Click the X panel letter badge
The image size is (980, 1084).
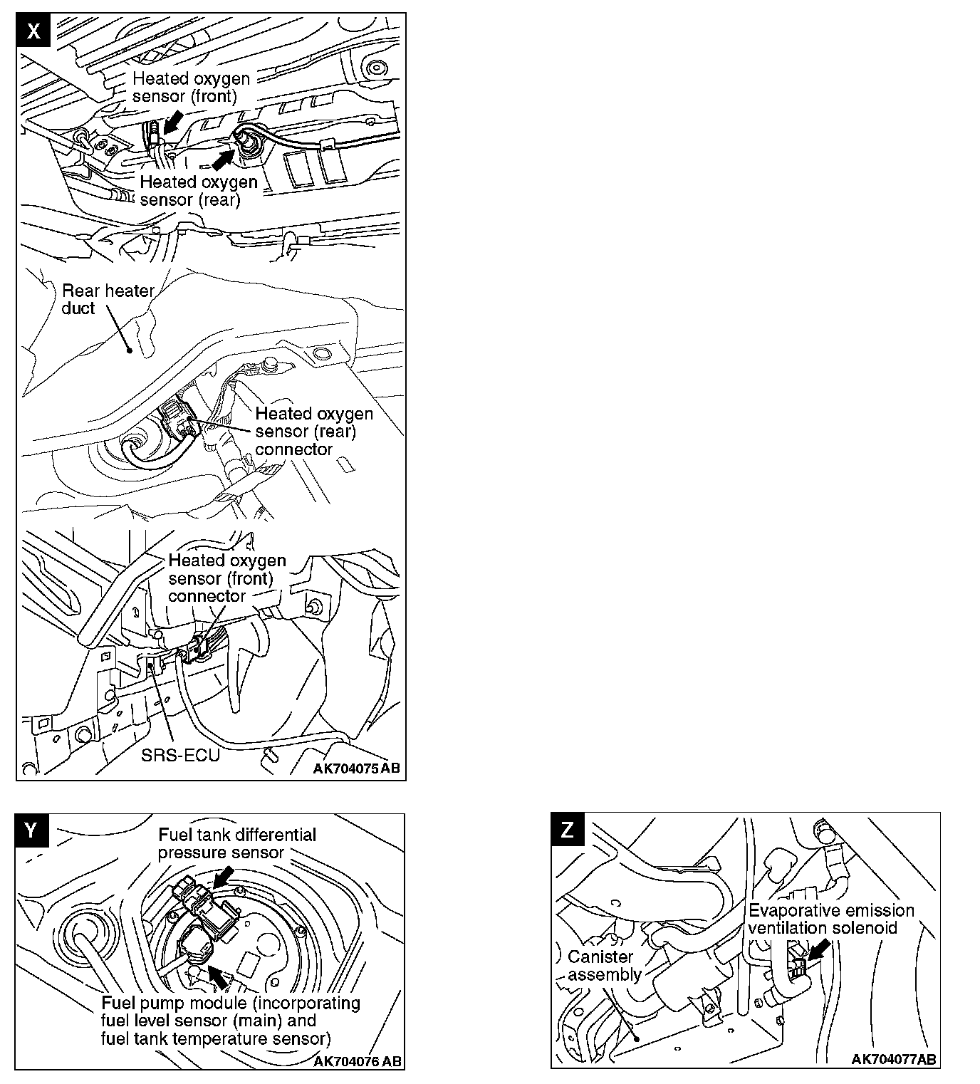[33, 30]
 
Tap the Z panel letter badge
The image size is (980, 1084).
[568, 830]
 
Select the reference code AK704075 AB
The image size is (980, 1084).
[356, 768]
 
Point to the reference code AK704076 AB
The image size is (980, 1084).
[358, 1061]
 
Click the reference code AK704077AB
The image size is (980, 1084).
[894, 1059]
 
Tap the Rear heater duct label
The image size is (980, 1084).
[108, 299]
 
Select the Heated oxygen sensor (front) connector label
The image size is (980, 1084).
[226, 578]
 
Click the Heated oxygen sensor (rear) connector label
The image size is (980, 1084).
[313, 432]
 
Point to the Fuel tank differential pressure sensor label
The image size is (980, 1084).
[236, 843]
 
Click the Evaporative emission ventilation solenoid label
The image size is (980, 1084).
[830, 919]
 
